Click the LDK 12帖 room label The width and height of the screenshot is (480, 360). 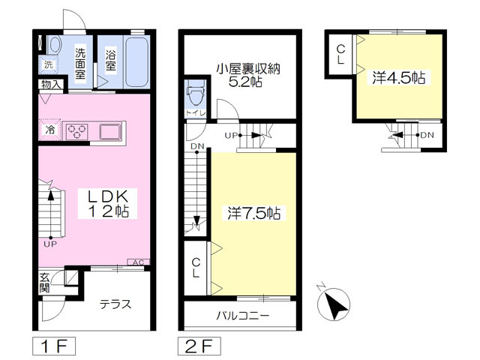pyautogui.click(x=107, y=203)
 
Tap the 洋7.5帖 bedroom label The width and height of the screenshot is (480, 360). pyautogui.click(x=254, y=213)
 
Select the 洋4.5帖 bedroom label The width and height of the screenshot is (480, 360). pyautogui.click(x=398, y=78)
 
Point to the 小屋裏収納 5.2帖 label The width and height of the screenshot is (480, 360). pyautogui.click(x=247, y=75)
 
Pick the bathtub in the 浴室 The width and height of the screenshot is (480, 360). pyautogui.click(x=136, y=62)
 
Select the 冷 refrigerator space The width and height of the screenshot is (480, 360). pyautogui.click(x=49, y=130)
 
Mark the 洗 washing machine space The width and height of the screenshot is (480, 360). pyautogui.click(x=48, y=64)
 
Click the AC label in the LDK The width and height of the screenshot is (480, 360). pyautogui.click(x=138, y=262)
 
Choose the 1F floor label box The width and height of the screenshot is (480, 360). pyautogui.click(x=53, y=346)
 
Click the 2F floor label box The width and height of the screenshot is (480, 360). pyautogui.click(x=199, y=346)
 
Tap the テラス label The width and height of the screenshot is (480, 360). pyautogui.click(x=115, y=304)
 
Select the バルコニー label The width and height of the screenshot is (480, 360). pyautogui.click(x=243, y=315)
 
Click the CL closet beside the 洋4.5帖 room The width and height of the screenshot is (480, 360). pyautogui.click(x=340, y=54)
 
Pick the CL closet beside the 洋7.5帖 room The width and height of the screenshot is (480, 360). pyautogui.click(x=196, y=268)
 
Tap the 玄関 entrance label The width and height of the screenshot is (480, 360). pyautogui.click(x=44, y=283)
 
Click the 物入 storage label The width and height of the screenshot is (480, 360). pyautogui.click(x=51, y=85)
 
